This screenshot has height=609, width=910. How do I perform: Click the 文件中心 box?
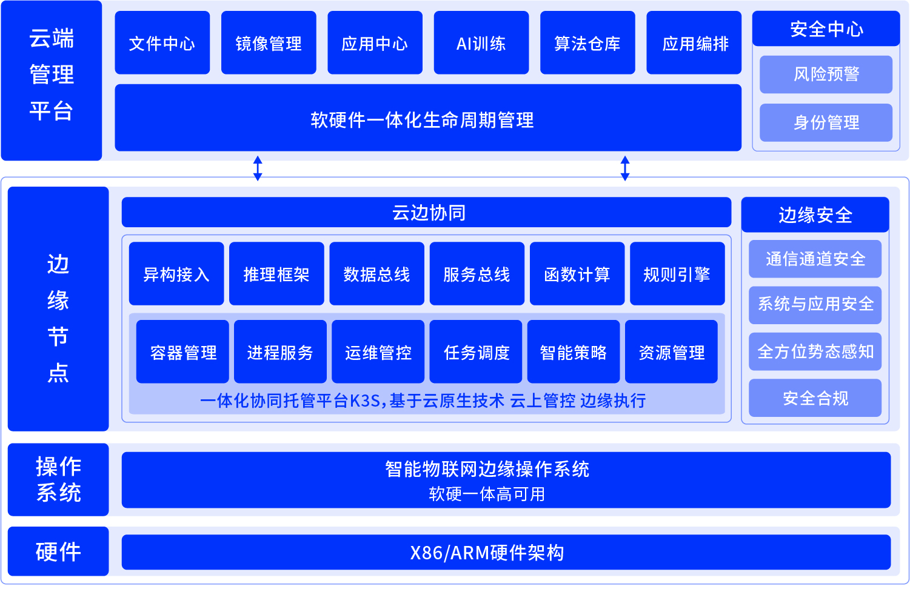162,43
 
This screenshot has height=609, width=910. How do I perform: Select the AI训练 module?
481,43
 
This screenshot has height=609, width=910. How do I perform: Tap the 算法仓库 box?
587,43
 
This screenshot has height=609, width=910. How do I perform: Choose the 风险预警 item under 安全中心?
826,75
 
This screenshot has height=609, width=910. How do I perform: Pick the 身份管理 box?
826,122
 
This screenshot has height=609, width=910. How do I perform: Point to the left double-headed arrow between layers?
258,168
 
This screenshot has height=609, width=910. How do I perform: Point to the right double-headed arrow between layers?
625,168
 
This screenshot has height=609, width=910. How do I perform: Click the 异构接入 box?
176,274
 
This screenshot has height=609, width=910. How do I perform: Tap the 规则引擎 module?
677,274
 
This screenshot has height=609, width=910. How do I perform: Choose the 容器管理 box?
182,352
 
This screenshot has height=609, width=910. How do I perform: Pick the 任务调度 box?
476,352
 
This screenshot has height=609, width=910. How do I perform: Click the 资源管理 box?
671,352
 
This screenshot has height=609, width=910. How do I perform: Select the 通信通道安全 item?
815,259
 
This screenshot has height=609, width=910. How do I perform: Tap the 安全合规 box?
815,398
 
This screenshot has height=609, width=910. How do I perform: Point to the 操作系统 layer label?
58,479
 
